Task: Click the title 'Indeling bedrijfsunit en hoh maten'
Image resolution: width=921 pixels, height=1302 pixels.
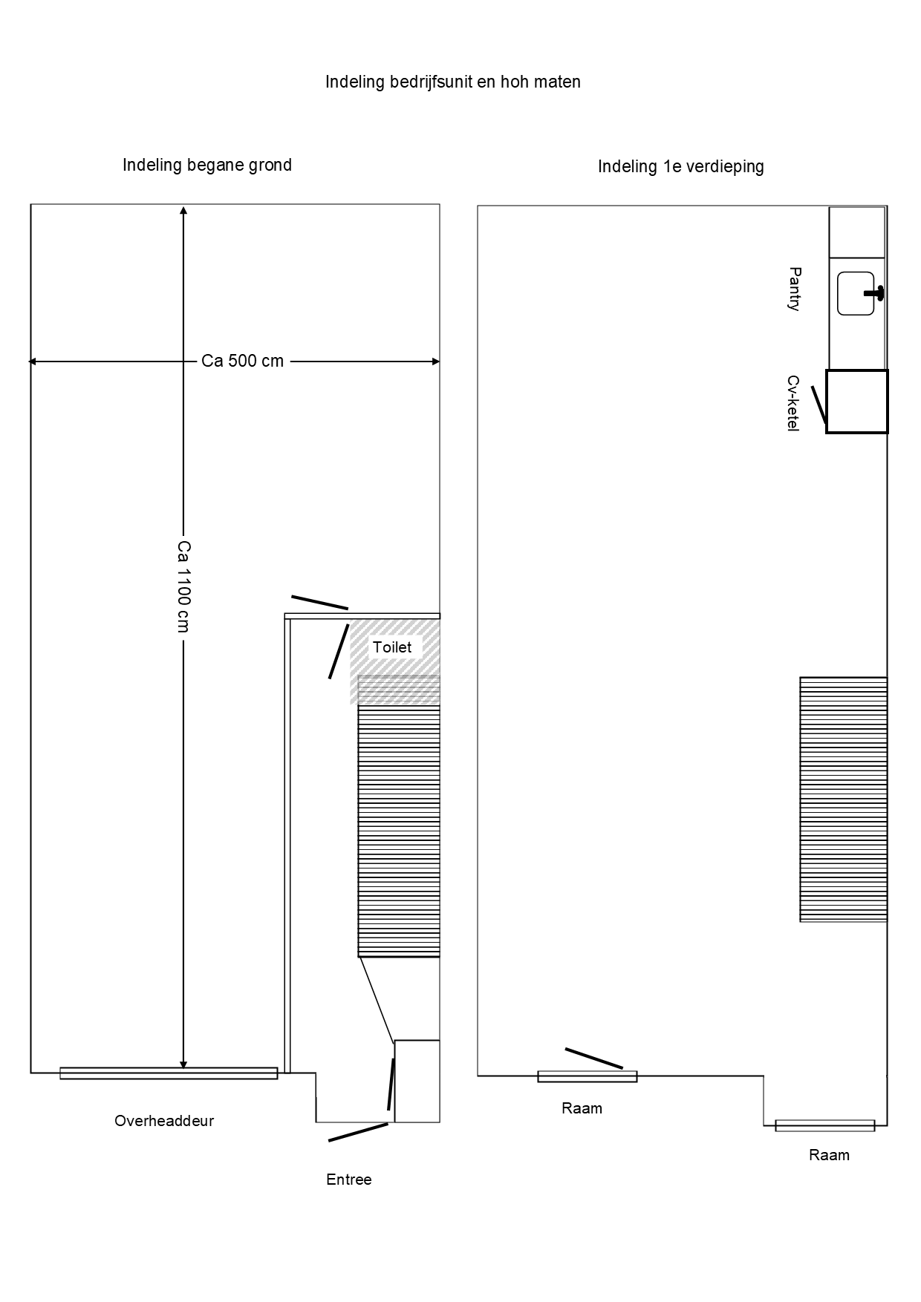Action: [x=453, y=82]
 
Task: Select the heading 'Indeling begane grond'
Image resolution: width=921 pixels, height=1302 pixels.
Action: [x=207, y=165]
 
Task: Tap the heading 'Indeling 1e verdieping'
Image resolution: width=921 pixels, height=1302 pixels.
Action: [x=681, y=166]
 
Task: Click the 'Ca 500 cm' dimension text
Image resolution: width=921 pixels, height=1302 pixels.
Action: [x=243, y=362]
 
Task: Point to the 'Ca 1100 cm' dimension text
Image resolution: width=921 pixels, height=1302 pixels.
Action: [x=183, y=586]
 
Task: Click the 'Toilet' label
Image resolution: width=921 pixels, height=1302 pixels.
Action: [x=392, y=647]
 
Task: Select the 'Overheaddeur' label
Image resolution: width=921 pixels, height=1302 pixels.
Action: [x=164, y=1121]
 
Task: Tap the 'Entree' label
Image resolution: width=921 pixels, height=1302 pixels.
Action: [x=349, y=1180]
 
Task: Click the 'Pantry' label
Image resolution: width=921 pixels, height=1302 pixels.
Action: [x=795, y=289]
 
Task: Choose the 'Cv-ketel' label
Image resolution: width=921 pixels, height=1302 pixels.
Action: [x=793, y=404]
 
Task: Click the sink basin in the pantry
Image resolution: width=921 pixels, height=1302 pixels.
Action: [x=856, y=294]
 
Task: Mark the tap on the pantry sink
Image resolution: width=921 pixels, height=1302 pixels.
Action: [x=875, y=293]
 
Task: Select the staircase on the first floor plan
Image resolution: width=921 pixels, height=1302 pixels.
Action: [x=844, y=799]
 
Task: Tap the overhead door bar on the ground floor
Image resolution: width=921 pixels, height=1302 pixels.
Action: [x=169, y=1073]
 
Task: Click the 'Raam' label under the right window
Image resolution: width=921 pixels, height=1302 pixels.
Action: [x=829, y=1155]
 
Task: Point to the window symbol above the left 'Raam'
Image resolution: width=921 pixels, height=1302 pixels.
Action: [x=588, y=1076]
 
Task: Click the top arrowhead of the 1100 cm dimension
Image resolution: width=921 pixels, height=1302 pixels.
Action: [x=183, y=211]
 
